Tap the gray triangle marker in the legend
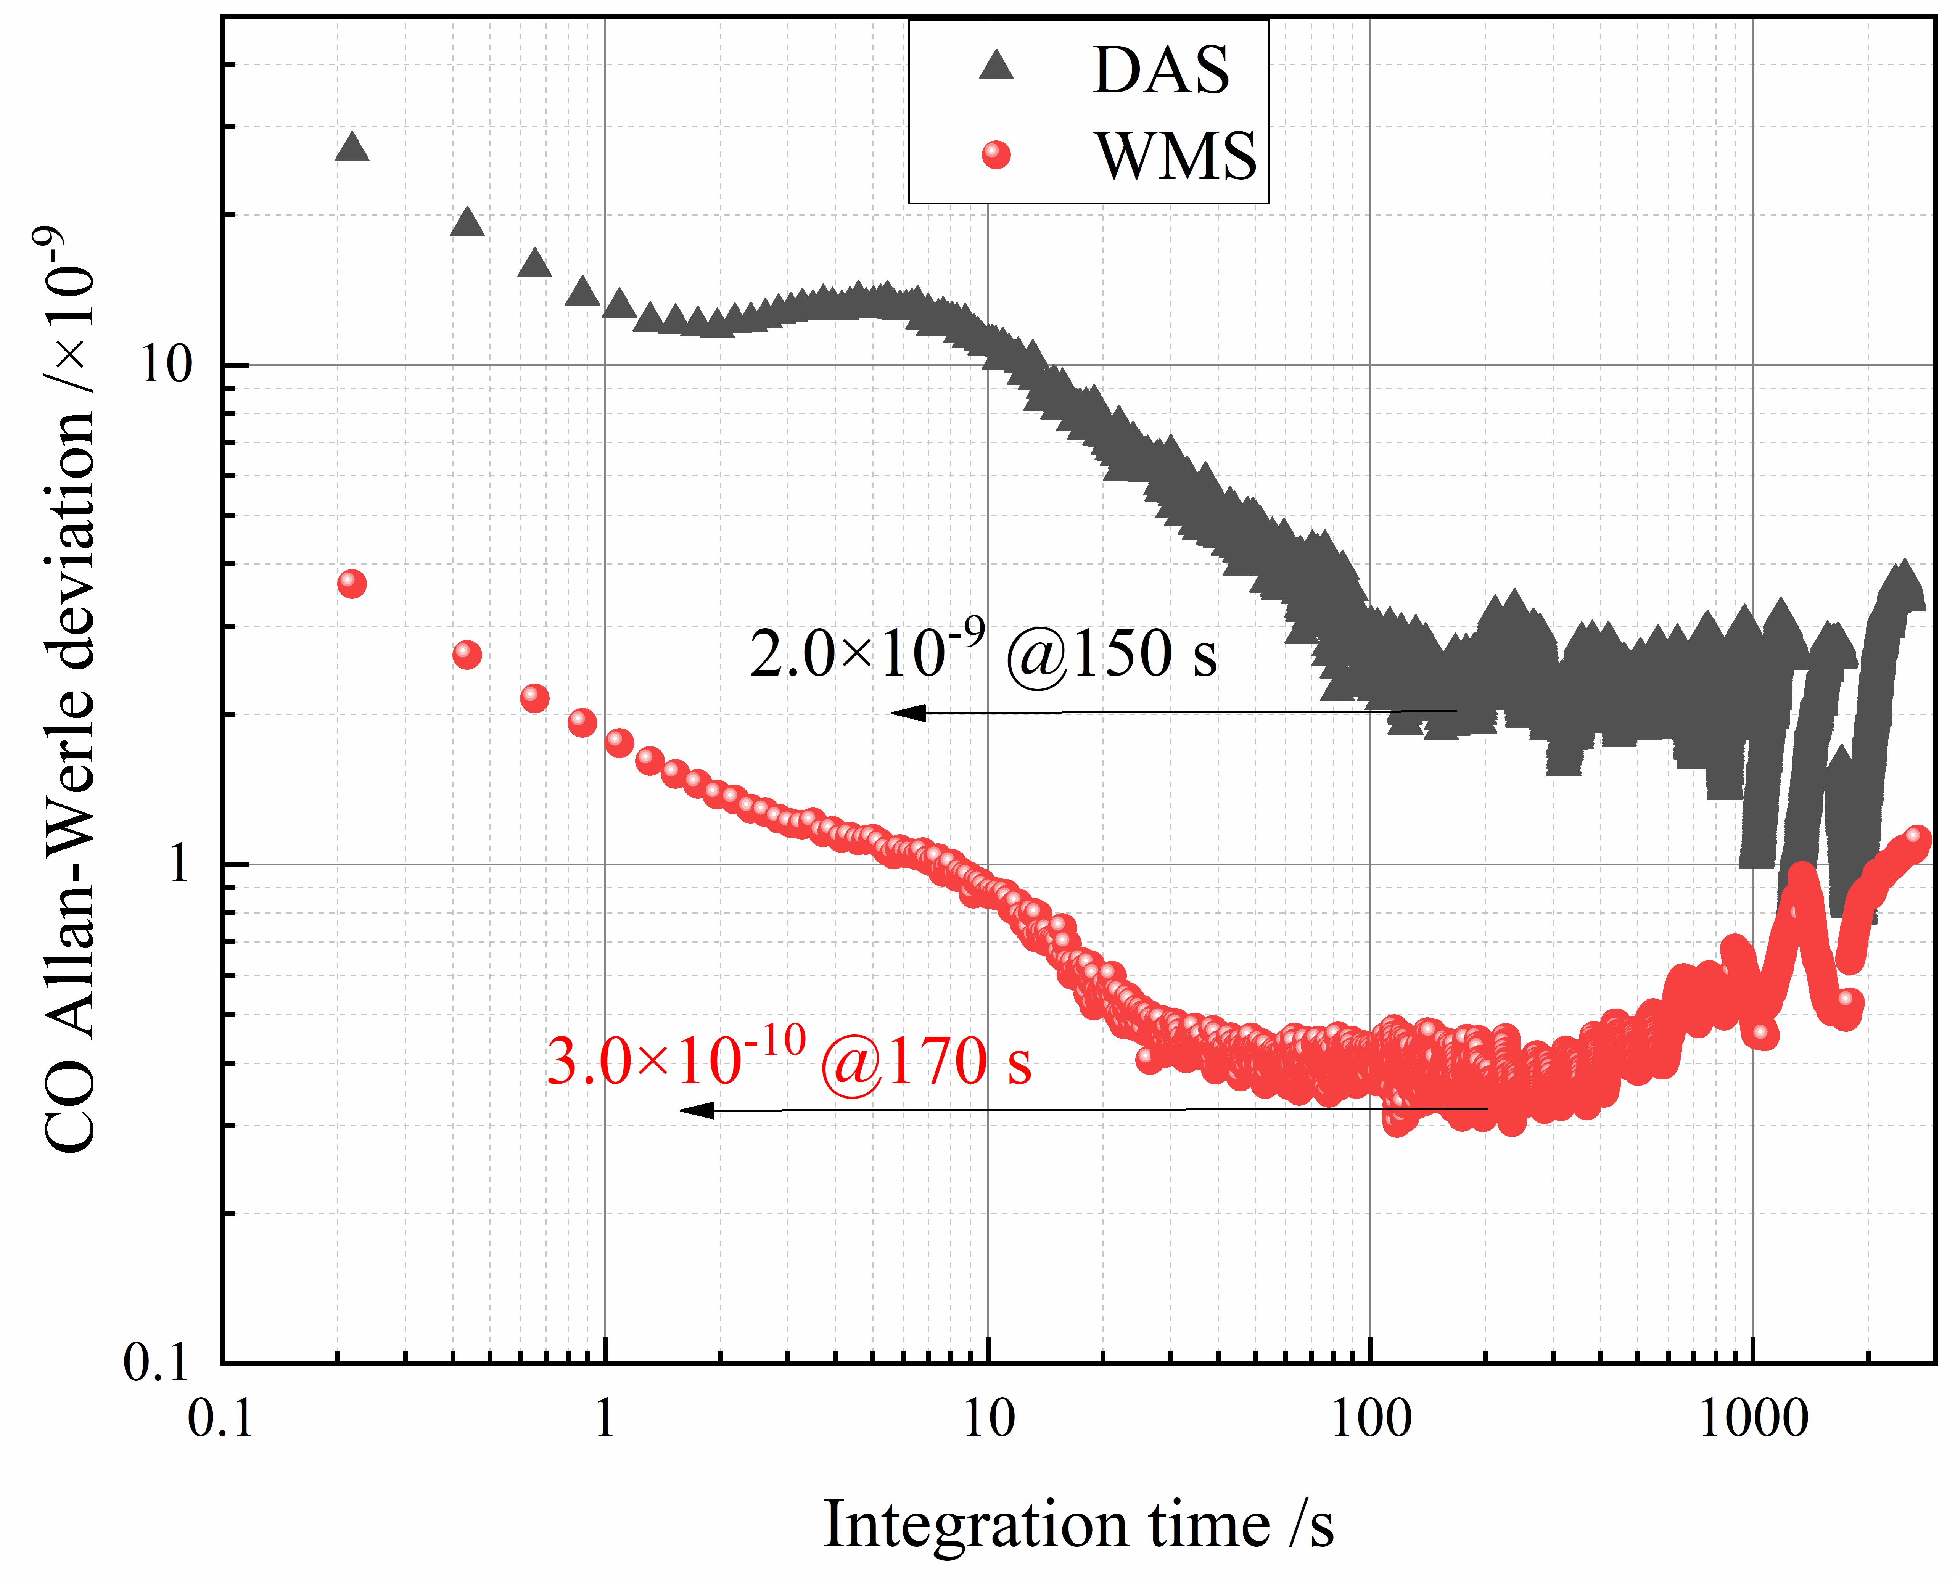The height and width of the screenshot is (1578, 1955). [996, 66]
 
